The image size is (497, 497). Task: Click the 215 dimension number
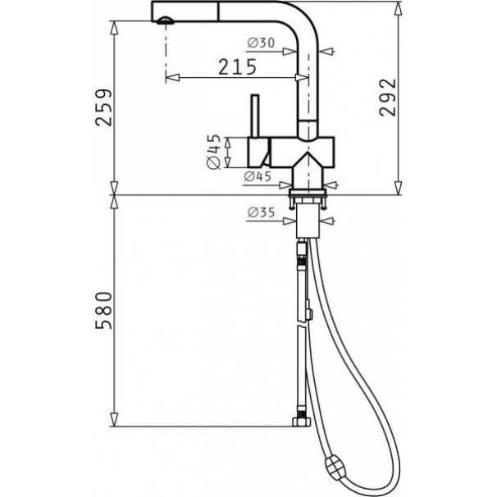tap(237, 66)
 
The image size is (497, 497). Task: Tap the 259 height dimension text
tap(104, 107)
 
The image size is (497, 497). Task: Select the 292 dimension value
tap(388, 98)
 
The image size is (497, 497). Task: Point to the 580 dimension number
tap(104, 310)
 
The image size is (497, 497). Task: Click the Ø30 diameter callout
tap(261, 43)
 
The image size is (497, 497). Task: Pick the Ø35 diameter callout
tap(261, 212)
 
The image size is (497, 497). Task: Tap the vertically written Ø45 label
tap(213, 152)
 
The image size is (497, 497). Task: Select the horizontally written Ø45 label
tap(258, 176)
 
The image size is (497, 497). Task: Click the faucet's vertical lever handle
tap(255, 116)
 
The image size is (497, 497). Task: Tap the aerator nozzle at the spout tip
tap(166, 21)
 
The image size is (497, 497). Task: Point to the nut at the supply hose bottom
tap(301, 422)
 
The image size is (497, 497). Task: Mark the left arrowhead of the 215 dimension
tap(173, 77)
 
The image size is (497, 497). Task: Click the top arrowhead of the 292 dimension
tap(398, 8)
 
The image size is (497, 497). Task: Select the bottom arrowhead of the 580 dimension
tap(114, 420)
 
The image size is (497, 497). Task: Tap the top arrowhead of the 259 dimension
tap(114, 28)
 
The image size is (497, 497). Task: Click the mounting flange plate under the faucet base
tap(307, 193)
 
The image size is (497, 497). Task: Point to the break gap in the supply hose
tap(302, 326)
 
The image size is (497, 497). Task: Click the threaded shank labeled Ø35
tap(308, 221)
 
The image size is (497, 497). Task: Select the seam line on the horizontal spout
tap(218, 11)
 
